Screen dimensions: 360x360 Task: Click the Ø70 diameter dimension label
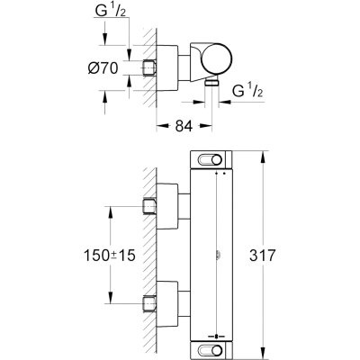click(x=103, y=68)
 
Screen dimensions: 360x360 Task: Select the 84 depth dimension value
click(x=184, y=126)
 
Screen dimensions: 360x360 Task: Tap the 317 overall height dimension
click(x=262, y=256)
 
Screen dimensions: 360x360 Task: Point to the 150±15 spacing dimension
click(x=110, y=256)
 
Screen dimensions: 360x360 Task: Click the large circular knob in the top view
click(x=217, y=58)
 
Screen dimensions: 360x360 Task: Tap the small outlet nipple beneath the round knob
click(x=211, y=83)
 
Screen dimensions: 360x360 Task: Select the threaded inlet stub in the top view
click(x=148, y=67)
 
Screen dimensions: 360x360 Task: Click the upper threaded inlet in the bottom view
click(x=149, y=206)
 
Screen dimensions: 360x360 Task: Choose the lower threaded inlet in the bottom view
click(x=149, y=303)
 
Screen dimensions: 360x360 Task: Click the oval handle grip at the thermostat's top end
click(x=210, y=159)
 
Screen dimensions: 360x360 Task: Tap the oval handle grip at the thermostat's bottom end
click(x=210, y=350)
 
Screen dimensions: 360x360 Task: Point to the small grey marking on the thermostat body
click(x=218, y=256)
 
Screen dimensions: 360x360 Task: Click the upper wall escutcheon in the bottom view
click(x=167, y=206)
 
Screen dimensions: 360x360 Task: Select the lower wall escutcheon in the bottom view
click(x=167, y=304)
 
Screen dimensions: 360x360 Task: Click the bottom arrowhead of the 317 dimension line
click(x=263, y=352)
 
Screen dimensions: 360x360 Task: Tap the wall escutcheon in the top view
click(x=167, y=67)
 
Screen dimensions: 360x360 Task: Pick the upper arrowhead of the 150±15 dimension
click(x=110, y=213)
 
